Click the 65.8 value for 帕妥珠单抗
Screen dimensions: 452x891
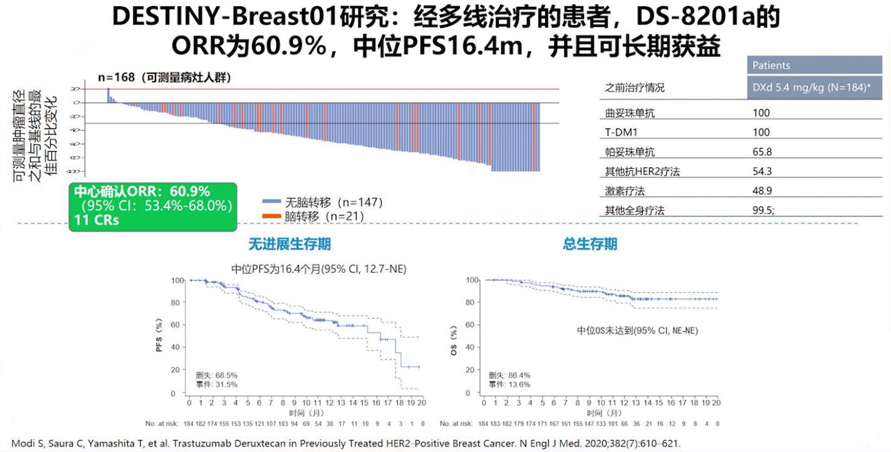point(762,152)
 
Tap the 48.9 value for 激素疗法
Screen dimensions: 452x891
point(762,191)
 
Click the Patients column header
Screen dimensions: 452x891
point(771,65)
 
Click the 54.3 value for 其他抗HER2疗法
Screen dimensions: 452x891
point(762,172)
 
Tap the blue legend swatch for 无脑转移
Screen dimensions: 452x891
point(271,202)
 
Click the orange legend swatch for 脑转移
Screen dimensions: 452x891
point(271,216)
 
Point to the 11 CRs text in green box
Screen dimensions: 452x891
point(96,220)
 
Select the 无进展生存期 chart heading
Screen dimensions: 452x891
point(289,244)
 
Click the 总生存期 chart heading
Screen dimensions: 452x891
point(590,244)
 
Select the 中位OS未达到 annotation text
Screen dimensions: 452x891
point(637,330)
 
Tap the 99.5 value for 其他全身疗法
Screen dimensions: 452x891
point(763,211)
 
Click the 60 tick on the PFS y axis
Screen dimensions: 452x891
point(178,325)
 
